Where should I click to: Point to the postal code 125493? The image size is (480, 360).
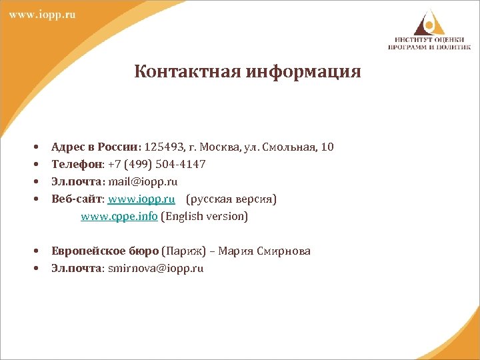click(166, 147)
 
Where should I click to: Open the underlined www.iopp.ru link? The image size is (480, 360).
click(141, 199)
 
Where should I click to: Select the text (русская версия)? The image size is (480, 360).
click(231, 199)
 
